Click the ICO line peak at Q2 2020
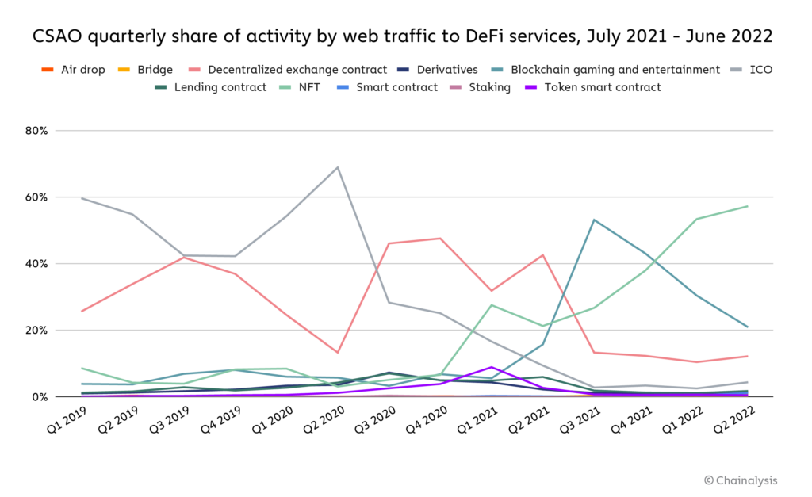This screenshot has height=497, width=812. pos(338,167)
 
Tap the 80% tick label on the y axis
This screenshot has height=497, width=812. pos(37,130)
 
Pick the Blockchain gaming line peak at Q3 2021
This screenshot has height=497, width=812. pos(594,220)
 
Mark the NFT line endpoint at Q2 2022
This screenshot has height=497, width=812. pos(747,206)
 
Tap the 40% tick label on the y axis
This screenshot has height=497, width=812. pos(37,263)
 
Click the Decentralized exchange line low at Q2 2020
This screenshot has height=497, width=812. pos(338,352)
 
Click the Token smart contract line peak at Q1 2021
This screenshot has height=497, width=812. pos(492,367)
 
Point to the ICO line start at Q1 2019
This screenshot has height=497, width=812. pos(82,198)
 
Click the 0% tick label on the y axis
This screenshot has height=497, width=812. pos(40,396)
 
